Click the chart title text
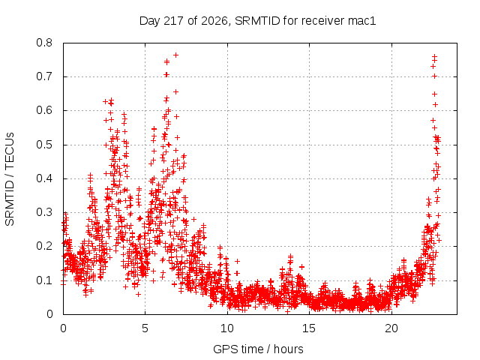[257, 21]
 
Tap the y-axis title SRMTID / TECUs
[10, 178]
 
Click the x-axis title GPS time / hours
[258, 349]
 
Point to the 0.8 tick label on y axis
[44, 43]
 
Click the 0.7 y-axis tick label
[44, 76]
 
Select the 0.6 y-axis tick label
[44, 110]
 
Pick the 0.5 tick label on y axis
[44, 145]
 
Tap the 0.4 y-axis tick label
[44, 178]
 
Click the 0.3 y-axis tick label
[44, 212]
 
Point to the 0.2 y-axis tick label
[44, 246]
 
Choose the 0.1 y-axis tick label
[44, 280]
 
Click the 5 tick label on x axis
[145, 328]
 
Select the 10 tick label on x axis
[227, 328]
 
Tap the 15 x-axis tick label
[309, 328]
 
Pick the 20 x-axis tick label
[391, 328]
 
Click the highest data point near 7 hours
[175, 55]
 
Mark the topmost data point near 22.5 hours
[434, 57]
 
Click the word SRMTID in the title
[257, 21]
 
